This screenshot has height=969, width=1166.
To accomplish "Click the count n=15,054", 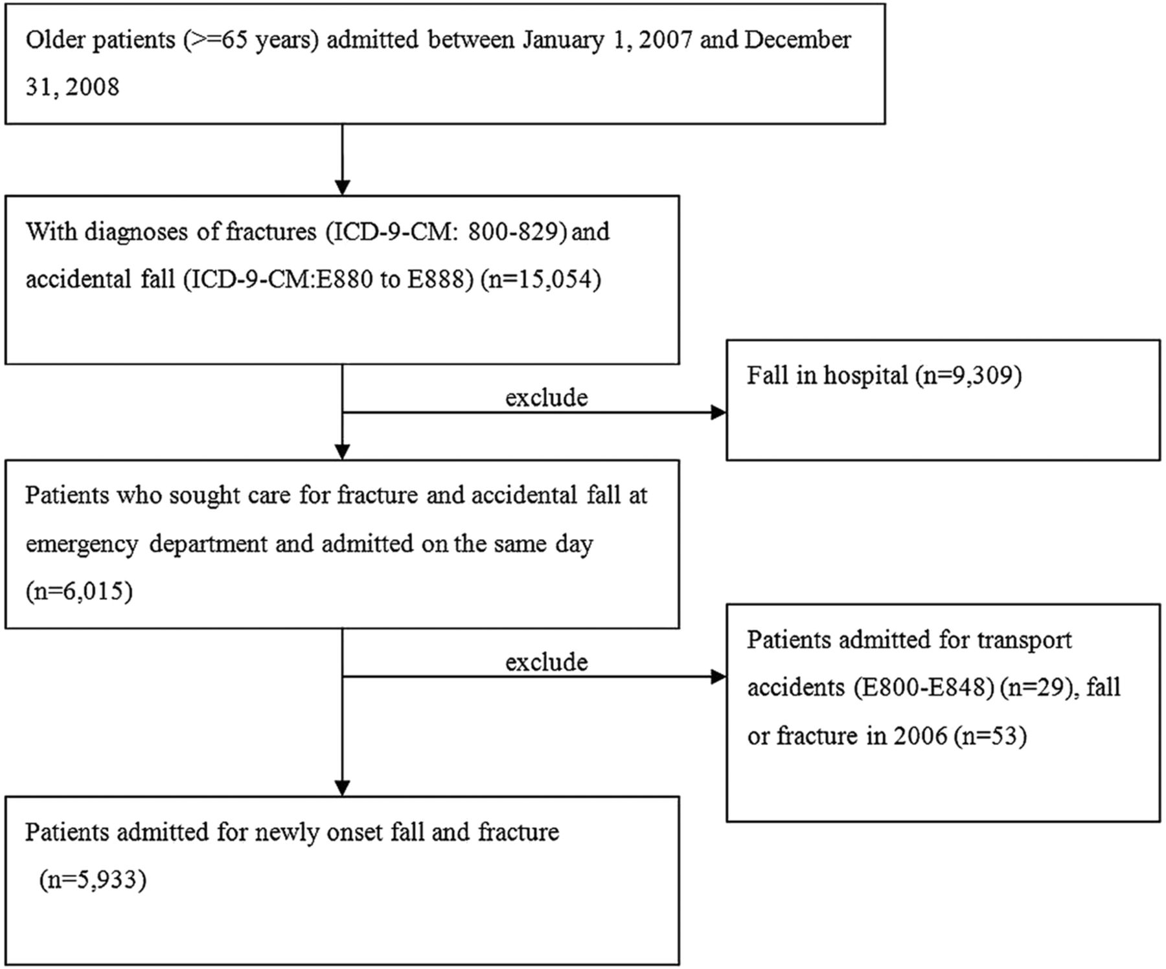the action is click(541, 280).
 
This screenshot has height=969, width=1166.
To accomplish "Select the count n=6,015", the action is click(79, 591).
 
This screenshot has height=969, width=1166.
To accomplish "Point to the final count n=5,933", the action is click(93, 880).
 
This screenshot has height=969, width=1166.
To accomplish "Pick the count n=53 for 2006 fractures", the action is click(990, 737).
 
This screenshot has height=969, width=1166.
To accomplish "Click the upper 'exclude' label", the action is click(547, 397).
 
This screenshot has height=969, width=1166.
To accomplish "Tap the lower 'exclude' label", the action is click(547, 662).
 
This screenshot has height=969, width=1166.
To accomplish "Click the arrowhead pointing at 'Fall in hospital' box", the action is click(718, 412).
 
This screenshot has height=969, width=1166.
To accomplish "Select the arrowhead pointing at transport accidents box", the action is click(718, 677).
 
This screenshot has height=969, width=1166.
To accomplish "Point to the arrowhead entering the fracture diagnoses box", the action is click(342, 187).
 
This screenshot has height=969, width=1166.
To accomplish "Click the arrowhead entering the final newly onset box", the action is click(342, 788).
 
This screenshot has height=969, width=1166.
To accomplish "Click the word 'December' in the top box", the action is click(797, 40).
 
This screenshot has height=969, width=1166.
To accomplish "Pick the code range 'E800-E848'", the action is click(924, 687).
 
